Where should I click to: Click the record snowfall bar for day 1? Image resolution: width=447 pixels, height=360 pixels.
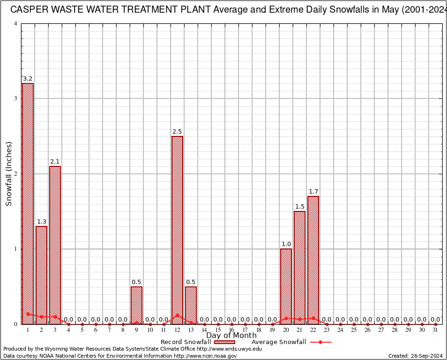click(28, 202)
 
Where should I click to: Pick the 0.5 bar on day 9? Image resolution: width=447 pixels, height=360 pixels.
click(136, 305)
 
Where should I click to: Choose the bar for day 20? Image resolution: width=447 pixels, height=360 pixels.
click(286, 286)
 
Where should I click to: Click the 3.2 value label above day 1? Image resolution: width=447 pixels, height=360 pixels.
click(28, 79)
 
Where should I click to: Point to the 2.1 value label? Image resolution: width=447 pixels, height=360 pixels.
click(55, 162)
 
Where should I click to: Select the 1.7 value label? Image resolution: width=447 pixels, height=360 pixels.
click(313, 192)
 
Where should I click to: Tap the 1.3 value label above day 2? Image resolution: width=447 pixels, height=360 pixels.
click(41, 222)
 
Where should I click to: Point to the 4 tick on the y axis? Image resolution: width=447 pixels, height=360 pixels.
click(15, 23)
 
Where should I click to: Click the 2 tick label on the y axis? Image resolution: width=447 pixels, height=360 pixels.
click(15, 174)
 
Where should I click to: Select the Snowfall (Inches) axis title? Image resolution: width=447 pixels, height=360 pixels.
click(8, 174)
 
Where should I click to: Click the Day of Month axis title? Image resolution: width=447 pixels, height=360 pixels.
click(231, 336)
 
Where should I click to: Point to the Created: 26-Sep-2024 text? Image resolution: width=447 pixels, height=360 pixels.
click(415, 356)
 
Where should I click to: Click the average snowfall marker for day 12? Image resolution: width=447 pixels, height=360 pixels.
click(177, 315)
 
